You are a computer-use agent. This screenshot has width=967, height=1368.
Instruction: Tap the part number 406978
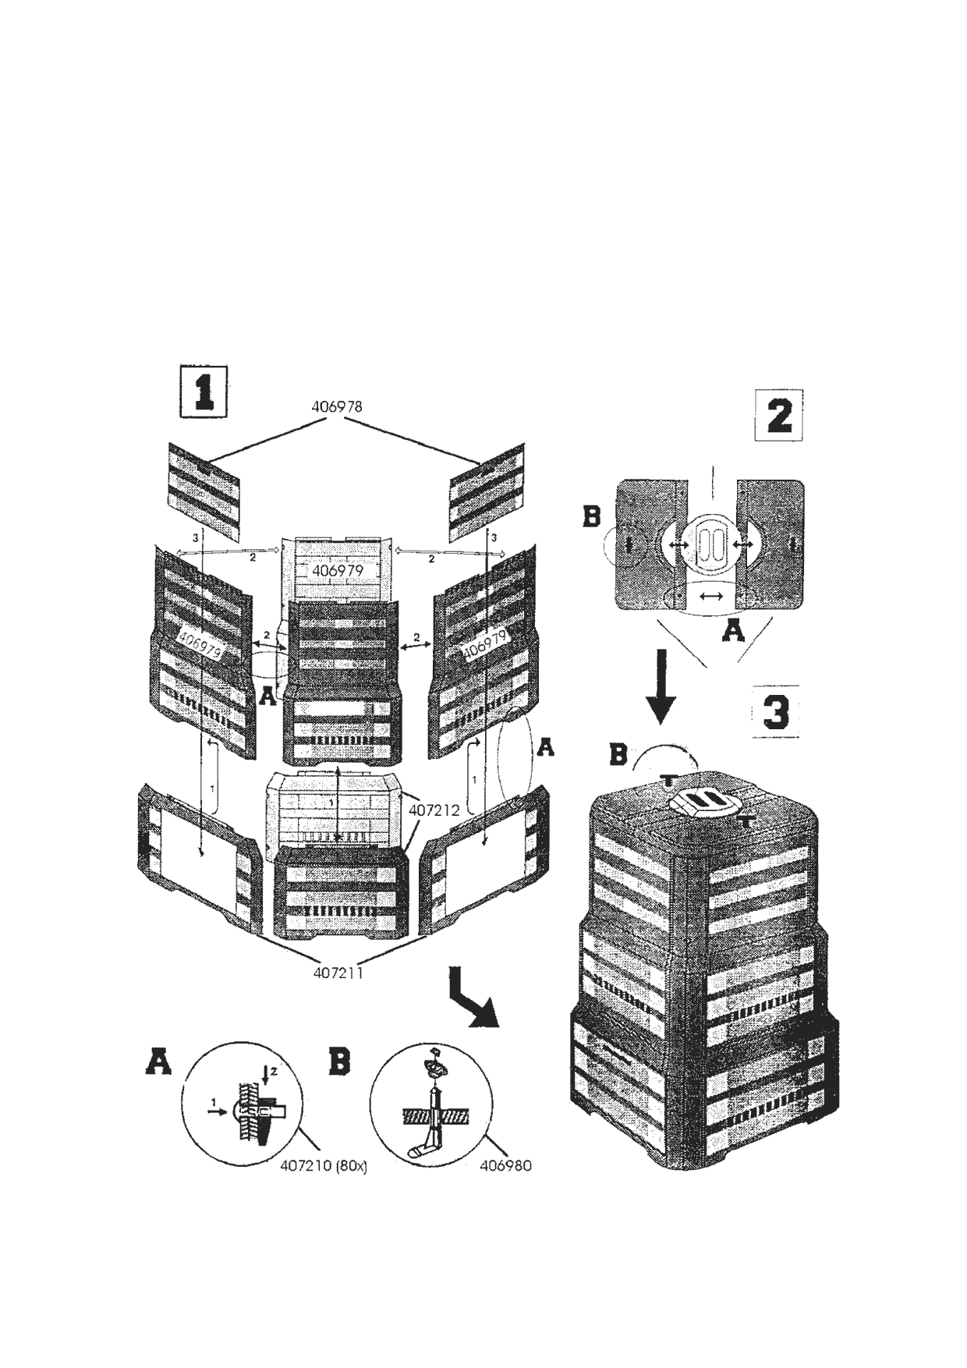coord(337,406)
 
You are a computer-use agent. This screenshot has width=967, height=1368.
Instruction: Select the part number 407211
coord(338,973)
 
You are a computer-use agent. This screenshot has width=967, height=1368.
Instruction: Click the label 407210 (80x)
coord(323,1167)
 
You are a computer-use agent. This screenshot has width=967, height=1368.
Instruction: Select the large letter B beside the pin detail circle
coord(340,1061)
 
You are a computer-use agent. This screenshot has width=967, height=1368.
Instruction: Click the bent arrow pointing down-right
coord(471,1007)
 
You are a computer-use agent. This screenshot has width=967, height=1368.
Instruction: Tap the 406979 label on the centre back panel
coord(338,571)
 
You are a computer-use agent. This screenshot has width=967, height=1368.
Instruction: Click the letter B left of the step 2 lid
coord(593,516)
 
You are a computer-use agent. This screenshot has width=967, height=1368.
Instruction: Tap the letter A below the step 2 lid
coord(733,630)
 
